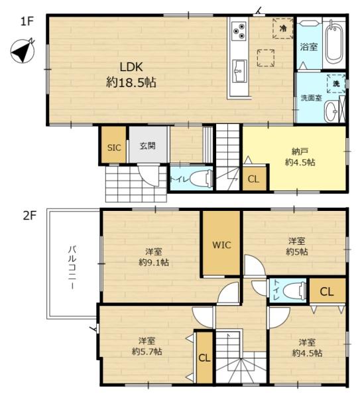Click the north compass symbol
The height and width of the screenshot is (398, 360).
[23, 51]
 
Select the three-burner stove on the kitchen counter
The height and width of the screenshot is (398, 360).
[239, 31]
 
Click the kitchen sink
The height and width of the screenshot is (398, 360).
[239, 71]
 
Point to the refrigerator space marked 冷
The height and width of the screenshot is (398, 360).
[283, 28]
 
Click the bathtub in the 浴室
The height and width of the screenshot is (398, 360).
[335, 42]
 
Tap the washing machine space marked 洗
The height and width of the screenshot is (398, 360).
[336, 84]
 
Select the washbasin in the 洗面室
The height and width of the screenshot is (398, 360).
[331, 111]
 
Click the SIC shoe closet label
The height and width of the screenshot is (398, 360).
[114, 147]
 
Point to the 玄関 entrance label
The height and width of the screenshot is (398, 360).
[148, 146]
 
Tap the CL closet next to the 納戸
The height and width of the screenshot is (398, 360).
[255, 178]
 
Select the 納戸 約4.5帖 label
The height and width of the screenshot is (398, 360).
[300, 157]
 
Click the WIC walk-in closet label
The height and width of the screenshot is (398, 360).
[221, 245]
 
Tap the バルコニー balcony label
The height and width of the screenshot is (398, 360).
[73, 267]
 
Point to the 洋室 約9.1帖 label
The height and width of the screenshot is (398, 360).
[154, 257]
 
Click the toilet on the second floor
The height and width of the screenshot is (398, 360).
[294, 291]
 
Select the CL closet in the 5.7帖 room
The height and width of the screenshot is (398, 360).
[204, 358]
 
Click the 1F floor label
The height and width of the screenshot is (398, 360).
[27, 21]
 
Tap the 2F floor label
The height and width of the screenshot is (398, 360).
[30, 216]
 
